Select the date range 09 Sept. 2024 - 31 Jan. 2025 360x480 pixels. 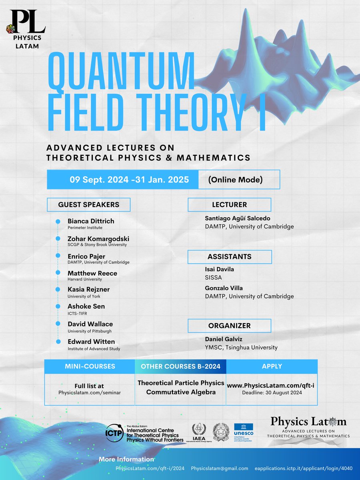[129, 180]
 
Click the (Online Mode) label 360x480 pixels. [235, 180]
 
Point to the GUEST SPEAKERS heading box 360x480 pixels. [88, 204]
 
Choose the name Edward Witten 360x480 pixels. [91, 342]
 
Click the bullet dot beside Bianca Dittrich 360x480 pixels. [58, 221]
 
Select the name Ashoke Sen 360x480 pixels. [86, 306]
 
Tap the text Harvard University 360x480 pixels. [85, 279]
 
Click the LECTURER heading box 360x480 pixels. [229, 205]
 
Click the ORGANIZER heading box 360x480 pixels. [229, 325]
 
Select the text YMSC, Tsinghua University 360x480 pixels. [241, 347]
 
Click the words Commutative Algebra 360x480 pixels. [181, 392]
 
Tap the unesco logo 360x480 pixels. [244, 432]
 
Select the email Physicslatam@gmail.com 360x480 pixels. [219, 468]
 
